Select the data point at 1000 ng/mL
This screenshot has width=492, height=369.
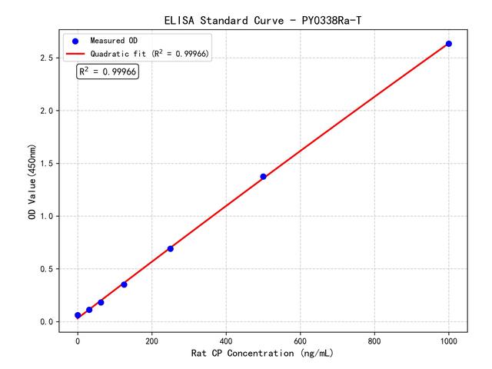[449, 44]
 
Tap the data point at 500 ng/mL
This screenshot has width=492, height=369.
[263, 177]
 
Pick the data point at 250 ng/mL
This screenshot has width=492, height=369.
[171, 248]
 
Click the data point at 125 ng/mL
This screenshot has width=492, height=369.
[124, 284]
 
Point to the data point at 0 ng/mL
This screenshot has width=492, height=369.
[78, 315]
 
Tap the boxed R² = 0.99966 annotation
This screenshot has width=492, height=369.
[108, 71]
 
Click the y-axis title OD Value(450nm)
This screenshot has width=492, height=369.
[32, 182]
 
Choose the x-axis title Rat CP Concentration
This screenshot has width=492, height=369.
[263, 354]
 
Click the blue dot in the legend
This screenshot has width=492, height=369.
[75, 40]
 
